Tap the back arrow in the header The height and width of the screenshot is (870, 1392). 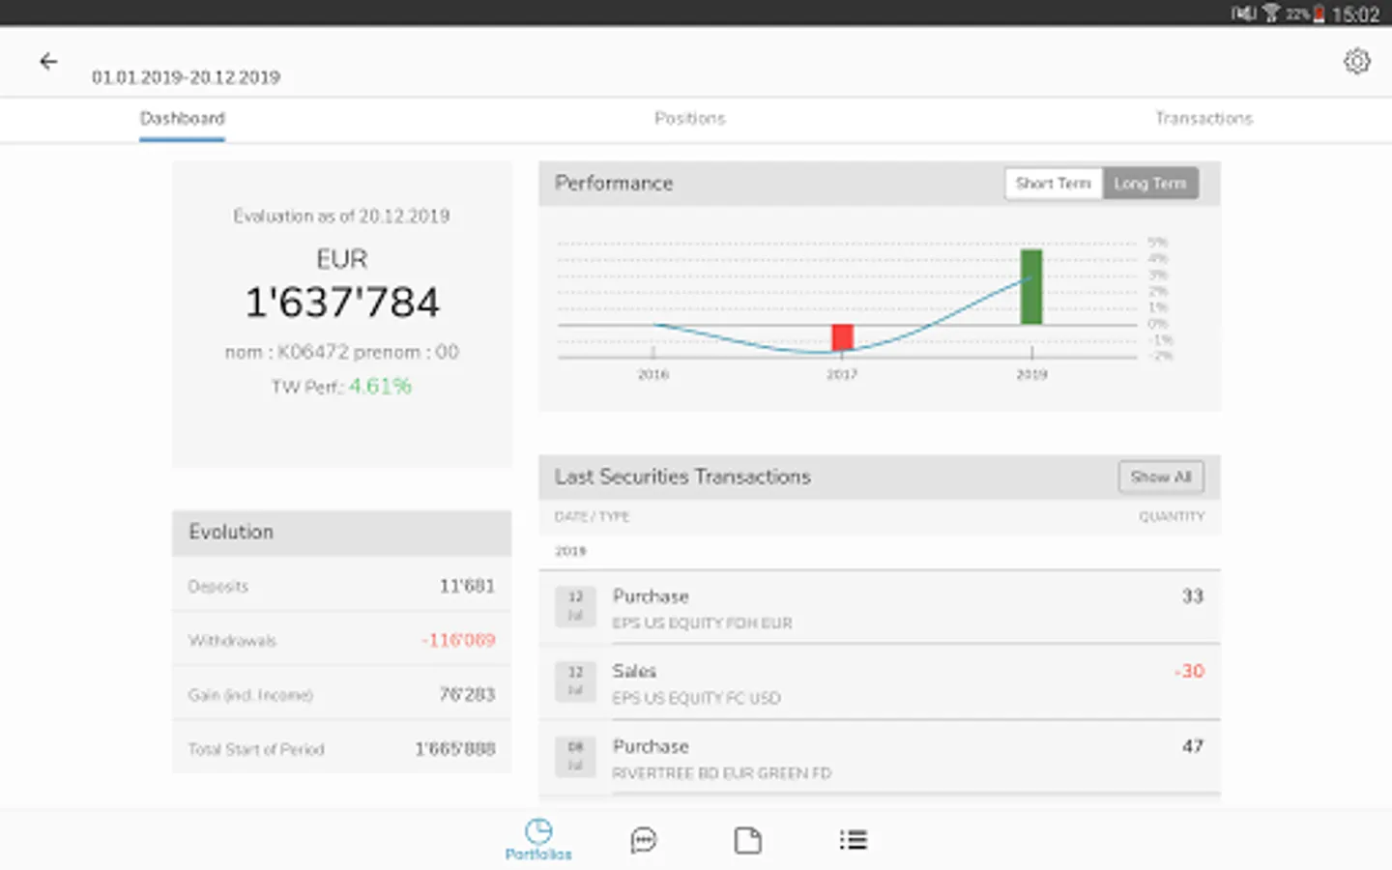[48, 62]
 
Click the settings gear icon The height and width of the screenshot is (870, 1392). [1356, 62]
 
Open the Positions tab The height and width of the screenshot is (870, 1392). [689, 119]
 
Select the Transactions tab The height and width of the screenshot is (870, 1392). [1203, 119]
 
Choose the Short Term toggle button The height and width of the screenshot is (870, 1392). [1053, 184]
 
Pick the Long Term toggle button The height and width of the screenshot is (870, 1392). [1149, 184]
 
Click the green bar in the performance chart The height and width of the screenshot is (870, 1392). [1031, 287]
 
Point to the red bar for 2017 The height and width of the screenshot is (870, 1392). [842, 337]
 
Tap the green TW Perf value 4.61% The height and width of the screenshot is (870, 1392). [380, 387]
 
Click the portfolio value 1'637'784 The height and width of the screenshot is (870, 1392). [342, 303]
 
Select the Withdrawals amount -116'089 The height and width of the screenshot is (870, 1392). [458, 640]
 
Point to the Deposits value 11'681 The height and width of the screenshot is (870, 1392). [467, 586]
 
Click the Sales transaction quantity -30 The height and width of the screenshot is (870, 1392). [1189, 671]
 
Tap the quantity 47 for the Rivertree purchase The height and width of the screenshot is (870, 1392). [1193, 746]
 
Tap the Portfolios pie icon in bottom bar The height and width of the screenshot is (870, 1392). [538, 832]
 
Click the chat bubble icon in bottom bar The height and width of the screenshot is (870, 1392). [644, 840]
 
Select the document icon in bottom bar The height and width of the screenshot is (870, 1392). [747, 840]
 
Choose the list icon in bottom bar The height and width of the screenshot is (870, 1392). [853, 840]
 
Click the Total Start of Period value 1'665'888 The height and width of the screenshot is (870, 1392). [455, 749]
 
